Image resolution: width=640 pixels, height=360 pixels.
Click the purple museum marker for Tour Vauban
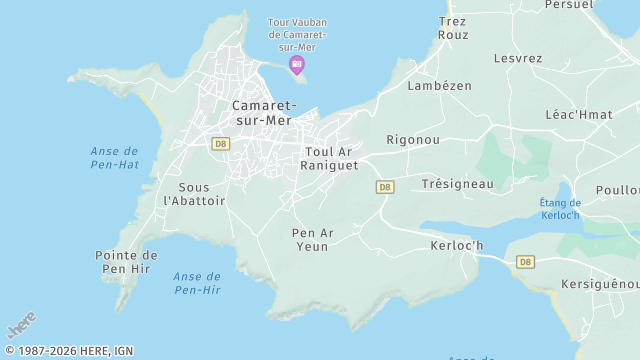296,65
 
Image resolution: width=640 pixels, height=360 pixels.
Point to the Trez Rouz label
453,27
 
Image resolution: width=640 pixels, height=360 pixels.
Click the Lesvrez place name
517,58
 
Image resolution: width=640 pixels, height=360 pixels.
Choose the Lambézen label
439,86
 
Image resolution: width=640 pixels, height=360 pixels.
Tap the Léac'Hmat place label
580,115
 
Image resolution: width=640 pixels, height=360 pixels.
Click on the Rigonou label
413,140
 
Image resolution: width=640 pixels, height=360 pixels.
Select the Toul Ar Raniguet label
329,158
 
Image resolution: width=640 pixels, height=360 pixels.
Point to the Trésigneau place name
457,184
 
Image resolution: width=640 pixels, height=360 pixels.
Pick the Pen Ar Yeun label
312,240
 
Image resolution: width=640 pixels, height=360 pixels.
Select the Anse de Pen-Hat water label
114,157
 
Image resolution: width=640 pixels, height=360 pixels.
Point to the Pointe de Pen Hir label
126,262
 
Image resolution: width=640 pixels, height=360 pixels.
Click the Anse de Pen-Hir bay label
197,283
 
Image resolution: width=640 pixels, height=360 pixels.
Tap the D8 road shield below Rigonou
385,187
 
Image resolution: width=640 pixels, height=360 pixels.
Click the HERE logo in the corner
22,326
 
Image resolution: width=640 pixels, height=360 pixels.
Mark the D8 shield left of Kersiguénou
525,262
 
